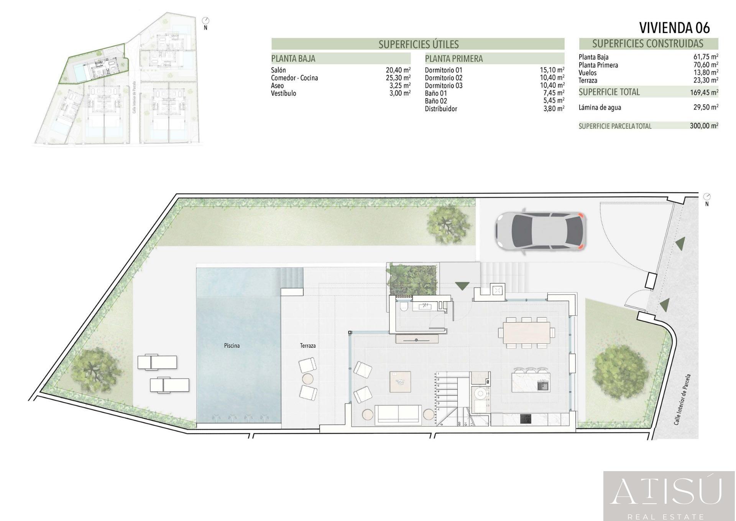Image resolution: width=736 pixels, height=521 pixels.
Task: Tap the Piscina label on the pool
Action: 232,346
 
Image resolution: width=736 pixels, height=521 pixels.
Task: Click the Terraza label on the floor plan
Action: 308,346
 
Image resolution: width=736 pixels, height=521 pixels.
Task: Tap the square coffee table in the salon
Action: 400,381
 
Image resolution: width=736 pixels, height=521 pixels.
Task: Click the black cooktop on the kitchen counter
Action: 526,419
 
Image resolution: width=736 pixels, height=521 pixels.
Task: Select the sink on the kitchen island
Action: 543,385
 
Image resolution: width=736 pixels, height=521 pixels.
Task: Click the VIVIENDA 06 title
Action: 674,28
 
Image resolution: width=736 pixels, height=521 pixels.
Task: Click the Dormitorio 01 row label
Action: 444,70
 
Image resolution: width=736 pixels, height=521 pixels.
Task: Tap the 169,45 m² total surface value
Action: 704,92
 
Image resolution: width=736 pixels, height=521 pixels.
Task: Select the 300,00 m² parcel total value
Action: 704,125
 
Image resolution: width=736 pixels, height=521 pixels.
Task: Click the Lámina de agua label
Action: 600,107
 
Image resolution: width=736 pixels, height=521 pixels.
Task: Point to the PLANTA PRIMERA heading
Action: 454,59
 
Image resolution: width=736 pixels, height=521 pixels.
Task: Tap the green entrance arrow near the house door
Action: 463,286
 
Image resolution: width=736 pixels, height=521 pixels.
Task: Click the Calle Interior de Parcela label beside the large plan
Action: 682,399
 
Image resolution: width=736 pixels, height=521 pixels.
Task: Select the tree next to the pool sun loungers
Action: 94,369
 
